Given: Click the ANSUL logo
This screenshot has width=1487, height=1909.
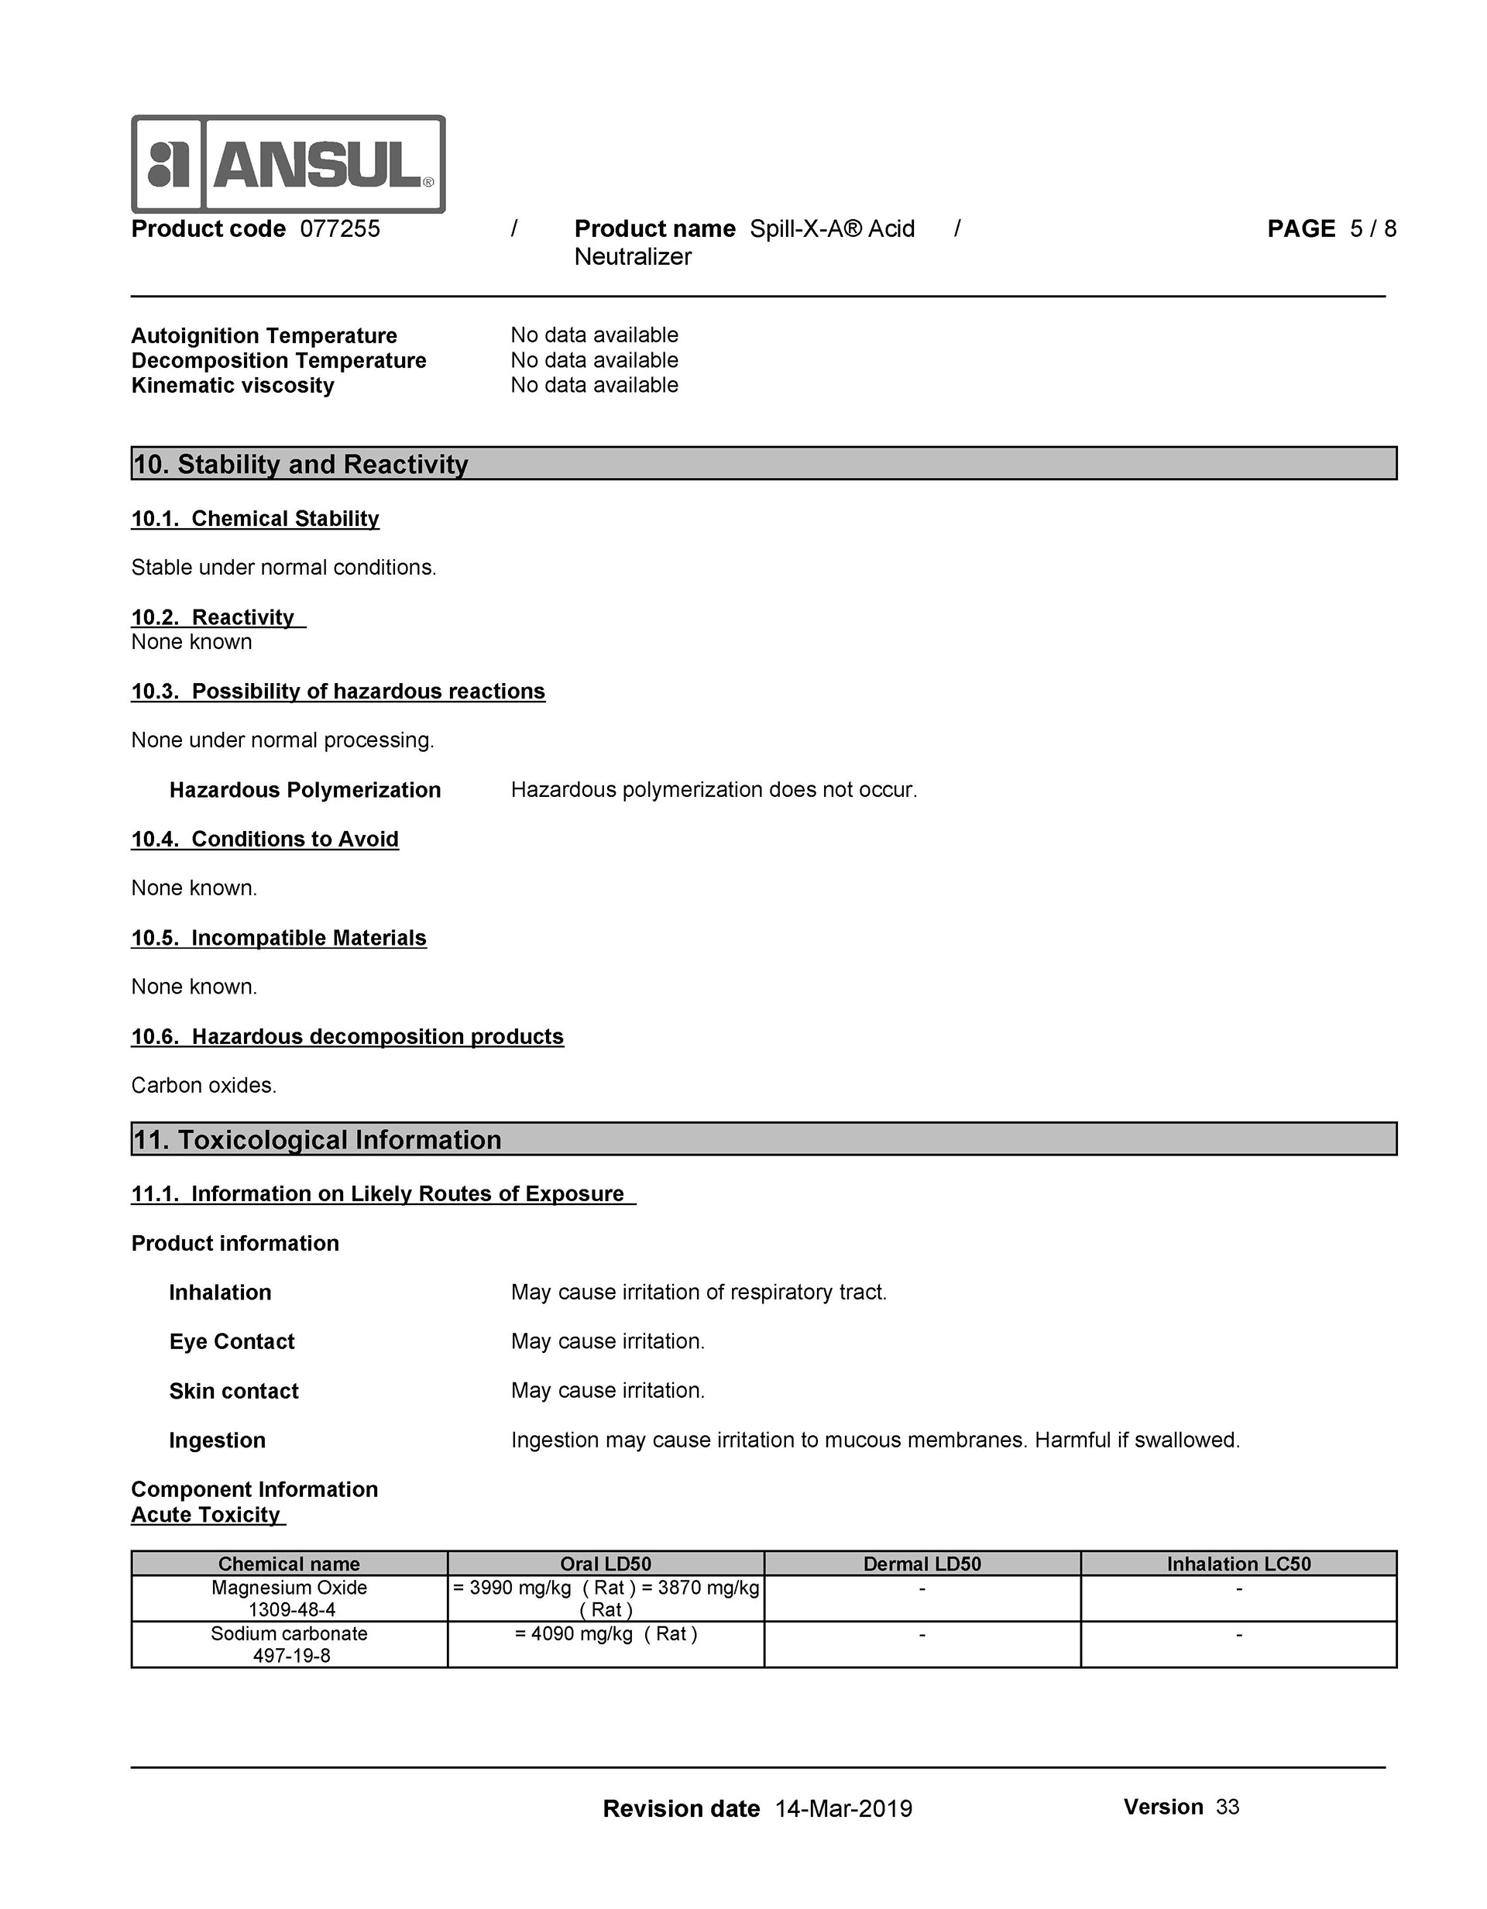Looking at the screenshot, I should [287, 164].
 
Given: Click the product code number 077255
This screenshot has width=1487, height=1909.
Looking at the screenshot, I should [340, 229].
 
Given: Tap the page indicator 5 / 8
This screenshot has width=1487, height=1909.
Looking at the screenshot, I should [1372, 229].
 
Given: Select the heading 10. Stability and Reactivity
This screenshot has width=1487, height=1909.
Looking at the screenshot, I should [300, 464].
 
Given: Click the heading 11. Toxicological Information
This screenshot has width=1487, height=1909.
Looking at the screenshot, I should [317, 1140].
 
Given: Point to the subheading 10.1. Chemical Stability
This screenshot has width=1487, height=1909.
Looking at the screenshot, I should [256, 519].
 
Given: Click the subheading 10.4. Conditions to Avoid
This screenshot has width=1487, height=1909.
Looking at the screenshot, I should [265, 839].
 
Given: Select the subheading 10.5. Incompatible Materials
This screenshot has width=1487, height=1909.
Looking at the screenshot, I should [279, 938].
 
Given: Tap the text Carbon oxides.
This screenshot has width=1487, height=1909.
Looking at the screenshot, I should [204, 1086].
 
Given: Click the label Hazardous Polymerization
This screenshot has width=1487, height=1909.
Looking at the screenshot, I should [305, 790].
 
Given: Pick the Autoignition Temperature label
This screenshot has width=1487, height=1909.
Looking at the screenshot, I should [264, 335].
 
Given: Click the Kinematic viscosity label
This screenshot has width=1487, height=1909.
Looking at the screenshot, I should [232, 386].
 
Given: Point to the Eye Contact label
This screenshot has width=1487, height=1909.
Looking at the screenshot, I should [232, 1341].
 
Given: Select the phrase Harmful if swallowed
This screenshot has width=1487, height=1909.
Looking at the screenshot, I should [1138, 1440].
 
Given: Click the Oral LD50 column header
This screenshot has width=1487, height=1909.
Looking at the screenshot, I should [606, 1564].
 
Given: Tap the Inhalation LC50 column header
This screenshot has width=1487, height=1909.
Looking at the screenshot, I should [1238, 1564].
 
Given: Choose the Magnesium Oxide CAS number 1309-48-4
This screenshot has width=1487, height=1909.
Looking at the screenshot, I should [292, 1609].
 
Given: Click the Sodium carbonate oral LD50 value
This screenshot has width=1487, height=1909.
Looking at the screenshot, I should [606, 1633].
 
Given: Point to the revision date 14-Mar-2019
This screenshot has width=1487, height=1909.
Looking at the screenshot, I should [843, 1808].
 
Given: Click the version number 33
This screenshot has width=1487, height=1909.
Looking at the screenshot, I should [1228, 1807].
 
